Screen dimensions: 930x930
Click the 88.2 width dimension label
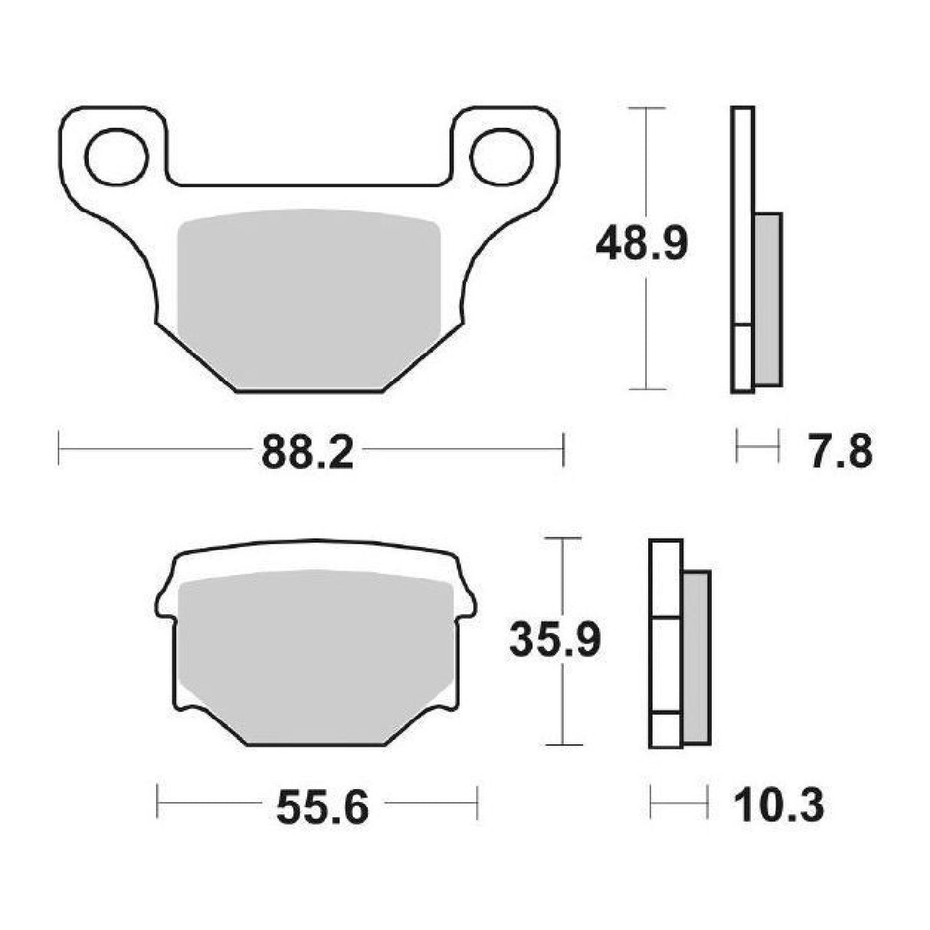(307, 454)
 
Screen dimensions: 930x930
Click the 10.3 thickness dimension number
(778, 806)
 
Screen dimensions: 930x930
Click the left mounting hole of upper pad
(116, 156)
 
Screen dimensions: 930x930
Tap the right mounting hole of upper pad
(502, 156)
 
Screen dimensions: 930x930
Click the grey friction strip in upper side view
(768, 299)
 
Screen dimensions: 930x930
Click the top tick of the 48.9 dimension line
(647, 109)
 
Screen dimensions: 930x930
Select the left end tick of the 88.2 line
(59, 449)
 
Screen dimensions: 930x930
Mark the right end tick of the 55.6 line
(477, 801)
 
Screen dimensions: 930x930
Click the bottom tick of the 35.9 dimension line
(564, 744)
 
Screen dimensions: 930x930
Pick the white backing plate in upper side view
(742, 214)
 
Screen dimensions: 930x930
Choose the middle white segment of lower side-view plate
(665, 665)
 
